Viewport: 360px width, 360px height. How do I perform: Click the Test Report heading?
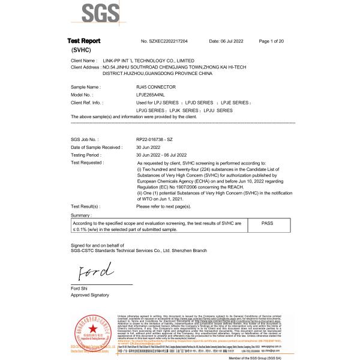tap(84, 40)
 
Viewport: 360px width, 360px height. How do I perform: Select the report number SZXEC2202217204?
tap(164, 40)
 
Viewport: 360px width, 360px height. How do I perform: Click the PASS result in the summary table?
tap(271, 222)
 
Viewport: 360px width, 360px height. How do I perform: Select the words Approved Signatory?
tap(90, 295)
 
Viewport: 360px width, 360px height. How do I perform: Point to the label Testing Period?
tap(87, 155)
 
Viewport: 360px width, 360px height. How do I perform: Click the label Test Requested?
tap(87, 163)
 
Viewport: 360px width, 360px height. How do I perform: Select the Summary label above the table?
tap(82, 214)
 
